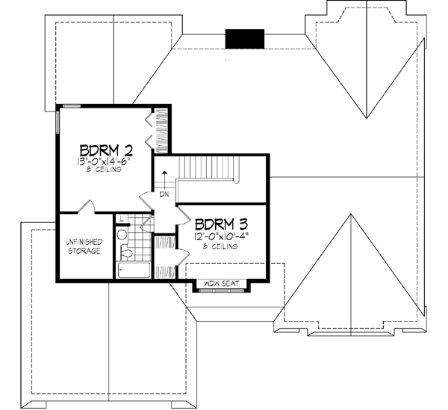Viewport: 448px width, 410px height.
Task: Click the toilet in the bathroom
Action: click(x=126, y=253)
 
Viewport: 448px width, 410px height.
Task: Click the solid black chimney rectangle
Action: click(x=244, y=37)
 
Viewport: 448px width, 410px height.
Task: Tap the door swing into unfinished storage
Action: click(x=85, y=205)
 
